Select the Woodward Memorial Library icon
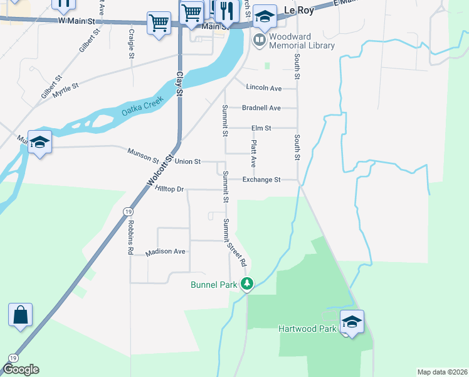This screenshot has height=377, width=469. [259, 40]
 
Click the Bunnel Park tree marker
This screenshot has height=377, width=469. [248, 285]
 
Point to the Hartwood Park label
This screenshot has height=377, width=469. [307, 328]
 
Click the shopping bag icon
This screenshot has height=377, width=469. [20, 315]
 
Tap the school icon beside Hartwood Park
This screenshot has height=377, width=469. [352, 322]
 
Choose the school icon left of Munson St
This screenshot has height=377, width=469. [40, 142]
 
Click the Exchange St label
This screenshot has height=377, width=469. [261, 180]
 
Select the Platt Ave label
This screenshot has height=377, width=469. [253, 153]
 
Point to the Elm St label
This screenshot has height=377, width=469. [261, 128]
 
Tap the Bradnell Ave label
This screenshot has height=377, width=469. [261, 108]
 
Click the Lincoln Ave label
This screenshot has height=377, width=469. [264, 88]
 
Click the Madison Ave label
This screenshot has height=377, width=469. [166, 252]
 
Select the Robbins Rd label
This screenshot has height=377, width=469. [130, 236]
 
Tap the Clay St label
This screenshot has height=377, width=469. [179, 83]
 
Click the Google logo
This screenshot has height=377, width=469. [20, 369]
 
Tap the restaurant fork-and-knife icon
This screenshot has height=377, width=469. [227, 10]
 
